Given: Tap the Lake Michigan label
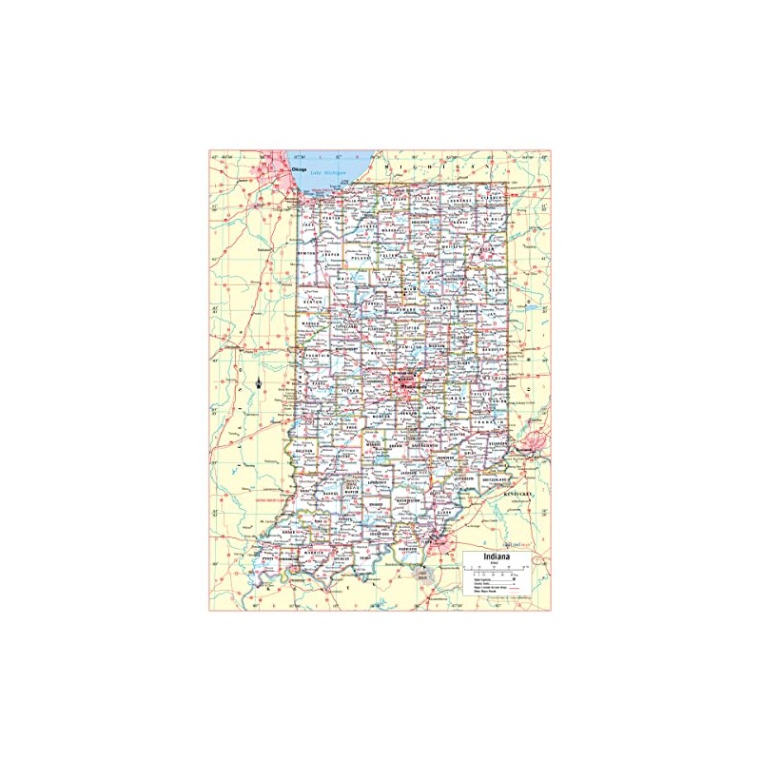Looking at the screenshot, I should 333,173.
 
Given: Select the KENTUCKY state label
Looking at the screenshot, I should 520,496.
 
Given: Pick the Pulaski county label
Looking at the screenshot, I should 360,257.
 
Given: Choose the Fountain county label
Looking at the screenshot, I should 311,354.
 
